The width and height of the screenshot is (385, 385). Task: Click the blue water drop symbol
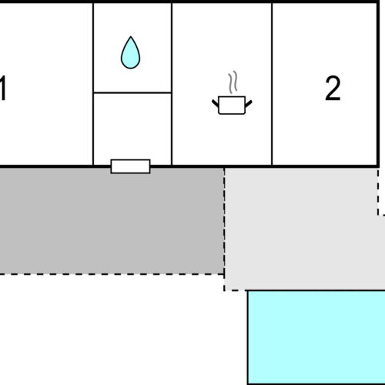click(130, 52)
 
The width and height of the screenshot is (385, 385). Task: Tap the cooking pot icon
click(232, 105)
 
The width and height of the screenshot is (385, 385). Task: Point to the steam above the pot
click(233, 82)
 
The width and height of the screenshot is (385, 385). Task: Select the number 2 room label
click(333, 89)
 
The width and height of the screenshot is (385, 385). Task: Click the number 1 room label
click(2, 89)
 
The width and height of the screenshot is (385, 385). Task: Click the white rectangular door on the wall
click(130, 166)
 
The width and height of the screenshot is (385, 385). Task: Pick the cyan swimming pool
click(316, 337)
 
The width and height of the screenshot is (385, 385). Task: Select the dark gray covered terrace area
click(112, 221)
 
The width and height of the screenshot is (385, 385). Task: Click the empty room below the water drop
click(132, 129)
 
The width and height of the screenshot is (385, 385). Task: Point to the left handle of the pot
click(215, 103)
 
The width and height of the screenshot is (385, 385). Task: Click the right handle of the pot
click(249, 103)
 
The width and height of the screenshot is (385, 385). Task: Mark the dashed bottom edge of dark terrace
click(112, 274)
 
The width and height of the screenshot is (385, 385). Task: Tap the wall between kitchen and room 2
click(272, 84)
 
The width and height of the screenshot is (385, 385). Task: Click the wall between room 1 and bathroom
click(93, 84)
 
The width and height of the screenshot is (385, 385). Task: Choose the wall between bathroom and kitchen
click(172, 84)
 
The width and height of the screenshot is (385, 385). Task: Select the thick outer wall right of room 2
click(378, 84)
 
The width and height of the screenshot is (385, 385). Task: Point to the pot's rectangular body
click(232, 105)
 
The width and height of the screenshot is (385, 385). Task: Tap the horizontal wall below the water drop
click(132, 92)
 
